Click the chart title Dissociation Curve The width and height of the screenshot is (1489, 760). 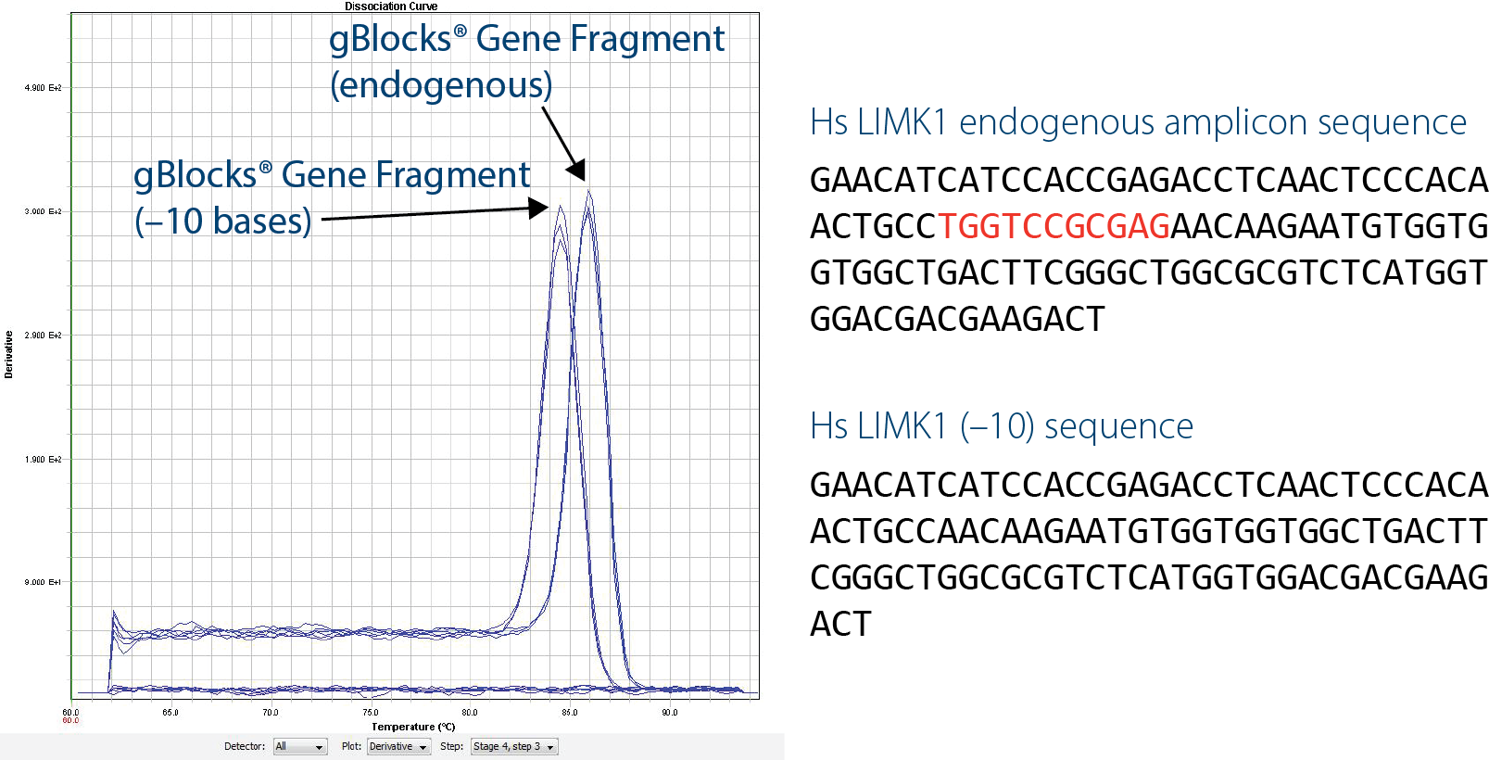[391, 6]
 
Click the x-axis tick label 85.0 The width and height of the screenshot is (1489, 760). [570, 713]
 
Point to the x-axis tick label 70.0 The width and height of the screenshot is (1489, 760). [271, 713]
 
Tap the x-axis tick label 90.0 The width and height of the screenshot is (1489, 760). [669, 713]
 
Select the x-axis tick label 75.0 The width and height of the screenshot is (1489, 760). [371, 713]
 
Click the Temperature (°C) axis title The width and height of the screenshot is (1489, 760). [413, 727]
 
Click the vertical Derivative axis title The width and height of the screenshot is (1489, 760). [8, 354]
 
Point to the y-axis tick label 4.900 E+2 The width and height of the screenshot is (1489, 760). [43, 88]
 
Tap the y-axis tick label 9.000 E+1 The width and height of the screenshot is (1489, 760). [43, 582]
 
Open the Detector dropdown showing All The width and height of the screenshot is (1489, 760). [300, 747]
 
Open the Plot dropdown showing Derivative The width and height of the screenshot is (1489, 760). [398, 747]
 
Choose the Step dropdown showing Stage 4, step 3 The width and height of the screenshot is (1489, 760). [514, 747]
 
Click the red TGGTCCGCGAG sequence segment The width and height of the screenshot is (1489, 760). [1054, 226]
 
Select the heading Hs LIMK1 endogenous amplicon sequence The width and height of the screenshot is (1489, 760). [1138, 122]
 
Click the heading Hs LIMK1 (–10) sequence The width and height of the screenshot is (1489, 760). [1001, 426]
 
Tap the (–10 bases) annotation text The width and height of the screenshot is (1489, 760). [222, 222]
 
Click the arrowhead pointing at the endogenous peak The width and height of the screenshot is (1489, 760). [577, 171]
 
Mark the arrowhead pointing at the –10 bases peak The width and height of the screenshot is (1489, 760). [538, 209]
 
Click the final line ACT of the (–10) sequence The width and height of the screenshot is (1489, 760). [840, 624]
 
